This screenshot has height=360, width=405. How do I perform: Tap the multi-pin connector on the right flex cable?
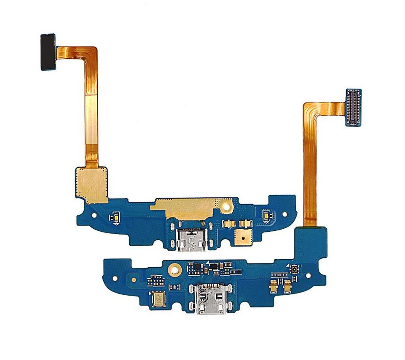pos(353,108)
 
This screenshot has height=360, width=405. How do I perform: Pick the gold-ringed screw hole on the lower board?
pos(174,268)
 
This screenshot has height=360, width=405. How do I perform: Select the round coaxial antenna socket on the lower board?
pos(292,269)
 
